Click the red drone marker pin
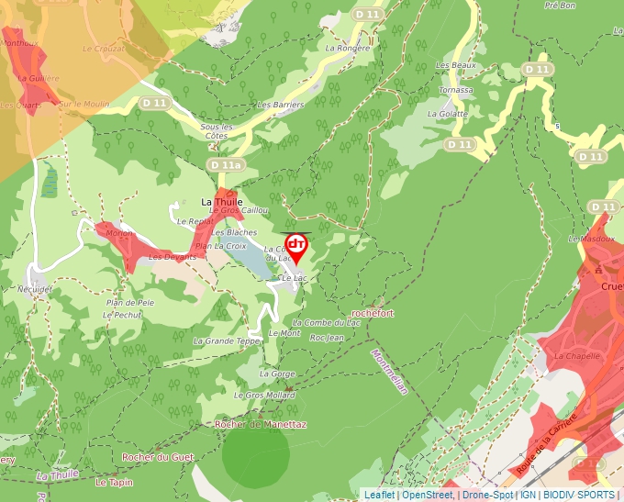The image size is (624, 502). pos(295,246)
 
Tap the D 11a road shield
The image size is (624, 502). pos(226,165)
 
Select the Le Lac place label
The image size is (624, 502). pos(293,277)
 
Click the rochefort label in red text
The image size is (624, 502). pos(373,313)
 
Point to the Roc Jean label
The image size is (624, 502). pos(327,338)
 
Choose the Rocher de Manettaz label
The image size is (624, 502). pos(260,425)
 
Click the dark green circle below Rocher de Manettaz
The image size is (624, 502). pos(256,454)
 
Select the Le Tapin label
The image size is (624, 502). pos(114,482)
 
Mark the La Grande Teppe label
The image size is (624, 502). pos(227,340)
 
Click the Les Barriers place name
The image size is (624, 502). pos(281,106)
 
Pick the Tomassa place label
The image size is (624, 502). pos(456,90)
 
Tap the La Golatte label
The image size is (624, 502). pos(448,114)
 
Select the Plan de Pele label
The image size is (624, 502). pos(129,302)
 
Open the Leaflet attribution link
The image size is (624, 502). pos(379,495)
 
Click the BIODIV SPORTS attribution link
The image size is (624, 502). pos(578,495)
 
